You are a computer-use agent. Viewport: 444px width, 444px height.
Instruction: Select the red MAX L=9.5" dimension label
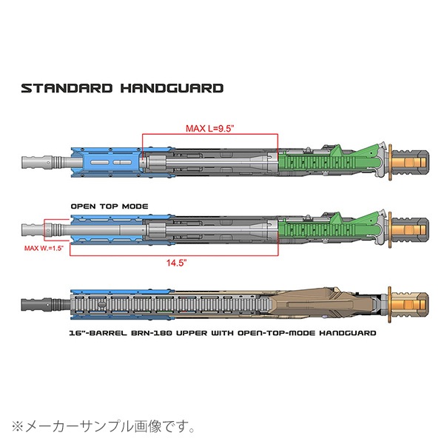209,127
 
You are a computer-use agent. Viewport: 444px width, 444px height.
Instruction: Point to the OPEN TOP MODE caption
110,206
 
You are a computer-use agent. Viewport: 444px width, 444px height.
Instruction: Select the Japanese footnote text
104,426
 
